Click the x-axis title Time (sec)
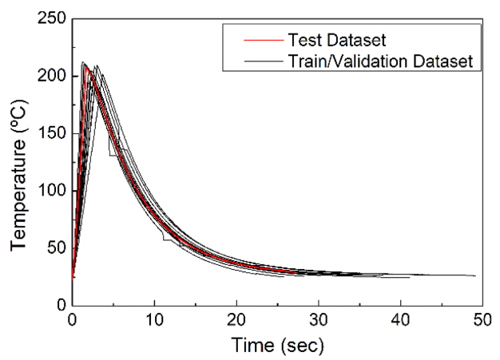point(277,346)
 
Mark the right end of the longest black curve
point(475,275)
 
